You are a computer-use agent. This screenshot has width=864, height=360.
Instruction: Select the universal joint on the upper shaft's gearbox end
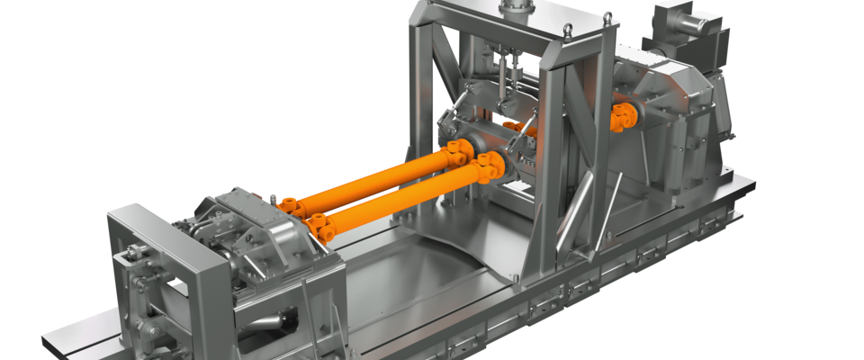click(292, 205)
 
